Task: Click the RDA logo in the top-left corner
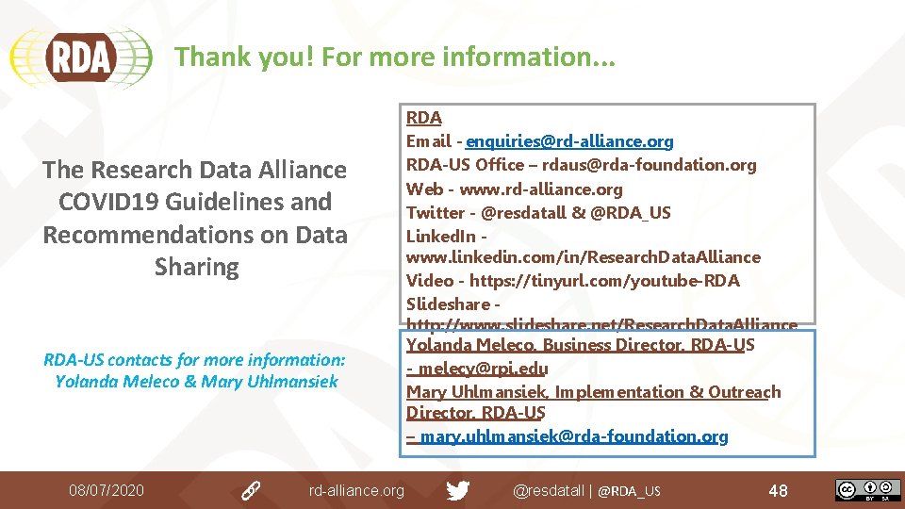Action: click(x=80, y=57)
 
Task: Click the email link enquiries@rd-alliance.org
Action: click(x=569, y=141)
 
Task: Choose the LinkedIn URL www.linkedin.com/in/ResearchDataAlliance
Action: click(x=583, y=256)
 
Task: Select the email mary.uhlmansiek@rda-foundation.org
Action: click(x=574, y=436)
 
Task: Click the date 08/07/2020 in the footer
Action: click(x=107, y=490)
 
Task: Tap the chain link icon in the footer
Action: click(x=250, y=490)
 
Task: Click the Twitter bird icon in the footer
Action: click(x=457, y=490)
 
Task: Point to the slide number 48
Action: click(x=778, y=490)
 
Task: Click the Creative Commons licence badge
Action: click(x=866, y=490)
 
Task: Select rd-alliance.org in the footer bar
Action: click(x=356, y=490)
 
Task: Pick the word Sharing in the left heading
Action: click(x=196, y=266)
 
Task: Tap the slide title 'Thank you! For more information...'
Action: click(x=395, y=57)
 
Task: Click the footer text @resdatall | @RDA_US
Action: click(x=586, y=490)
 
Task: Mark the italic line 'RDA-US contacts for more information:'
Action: click(x=195, y=359)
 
